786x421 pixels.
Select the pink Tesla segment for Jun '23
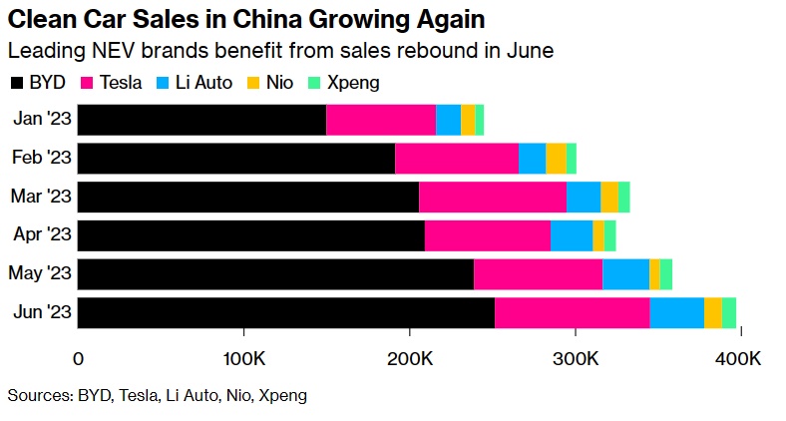(572, 312)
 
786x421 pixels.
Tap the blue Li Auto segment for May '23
(625, 273)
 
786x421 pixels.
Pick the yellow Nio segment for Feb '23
(556, 159)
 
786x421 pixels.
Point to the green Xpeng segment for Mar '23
(624, 197)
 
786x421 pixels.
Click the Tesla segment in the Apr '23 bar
(487, 235)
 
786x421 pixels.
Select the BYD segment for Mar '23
(248, 197)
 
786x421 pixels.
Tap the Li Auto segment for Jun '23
(676, 312)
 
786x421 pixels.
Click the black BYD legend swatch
(17, 82)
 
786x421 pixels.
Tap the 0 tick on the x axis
(78, 357)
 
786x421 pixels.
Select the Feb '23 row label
(41, 159)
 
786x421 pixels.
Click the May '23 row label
(40, 273)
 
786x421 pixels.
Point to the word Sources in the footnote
(39, 395)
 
